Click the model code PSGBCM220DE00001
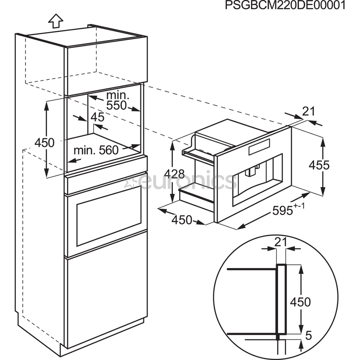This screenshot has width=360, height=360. [285, 6]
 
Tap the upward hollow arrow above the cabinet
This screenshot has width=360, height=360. [55, 21]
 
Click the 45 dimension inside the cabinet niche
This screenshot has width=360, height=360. [97, 117]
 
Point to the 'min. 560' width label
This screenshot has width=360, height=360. [96, 150]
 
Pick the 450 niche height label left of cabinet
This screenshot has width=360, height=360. [44, 143]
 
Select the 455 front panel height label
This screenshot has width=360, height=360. [319, 165]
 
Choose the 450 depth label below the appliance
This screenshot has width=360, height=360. [182, 220]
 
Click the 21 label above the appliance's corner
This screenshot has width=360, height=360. [308, 112]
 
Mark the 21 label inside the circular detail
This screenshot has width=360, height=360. [281, 242]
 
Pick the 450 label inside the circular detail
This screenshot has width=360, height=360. [300, 302]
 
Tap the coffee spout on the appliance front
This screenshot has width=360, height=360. [251, 172]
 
